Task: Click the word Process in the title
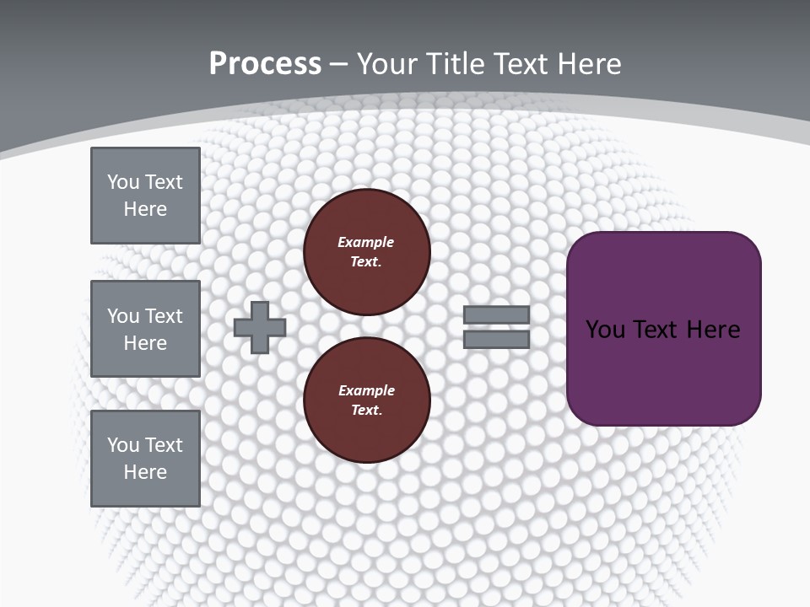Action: (265, 63)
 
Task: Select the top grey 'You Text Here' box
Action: (145, 196)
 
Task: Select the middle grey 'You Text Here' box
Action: (145, 329)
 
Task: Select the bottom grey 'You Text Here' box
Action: (145, 459)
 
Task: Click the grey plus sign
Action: (260, 327)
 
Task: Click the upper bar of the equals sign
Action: (496, 314)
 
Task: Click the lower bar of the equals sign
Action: (496, 340)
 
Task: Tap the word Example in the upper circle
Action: (365, 242)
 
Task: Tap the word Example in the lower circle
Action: (365, 390)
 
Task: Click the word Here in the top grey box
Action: (145, 209)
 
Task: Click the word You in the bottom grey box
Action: (122, 444)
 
